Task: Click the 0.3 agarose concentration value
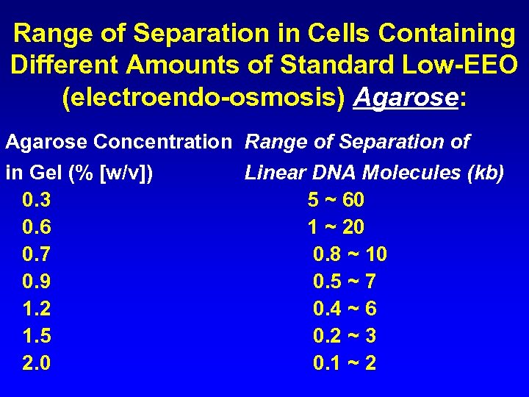click(37, 200)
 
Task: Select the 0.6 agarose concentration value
click(37, 227)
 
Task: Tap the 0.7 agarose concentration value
click(37, 254)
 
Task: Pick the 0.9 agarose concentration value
click(37, 282)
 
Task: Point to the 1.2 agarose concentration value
click(37, 309)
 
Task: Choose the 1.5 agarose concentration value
click(37, 336)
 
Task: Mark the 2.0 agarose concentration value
click(37, 363)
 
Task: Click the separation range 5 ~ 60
click(336, 200)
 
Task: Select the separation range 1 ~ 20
click(336, 227)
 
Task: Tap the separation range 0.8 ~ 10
click(350, 254)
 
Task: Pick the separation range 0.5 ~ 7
click(345, 282)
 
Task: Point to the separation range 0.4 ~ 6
click(345, 309)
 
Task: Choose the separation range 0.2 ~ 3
click(345, 336)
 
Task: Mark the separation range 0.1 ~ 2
click(345, 363)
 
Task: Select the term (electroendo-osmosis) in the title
click(204, 98)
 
